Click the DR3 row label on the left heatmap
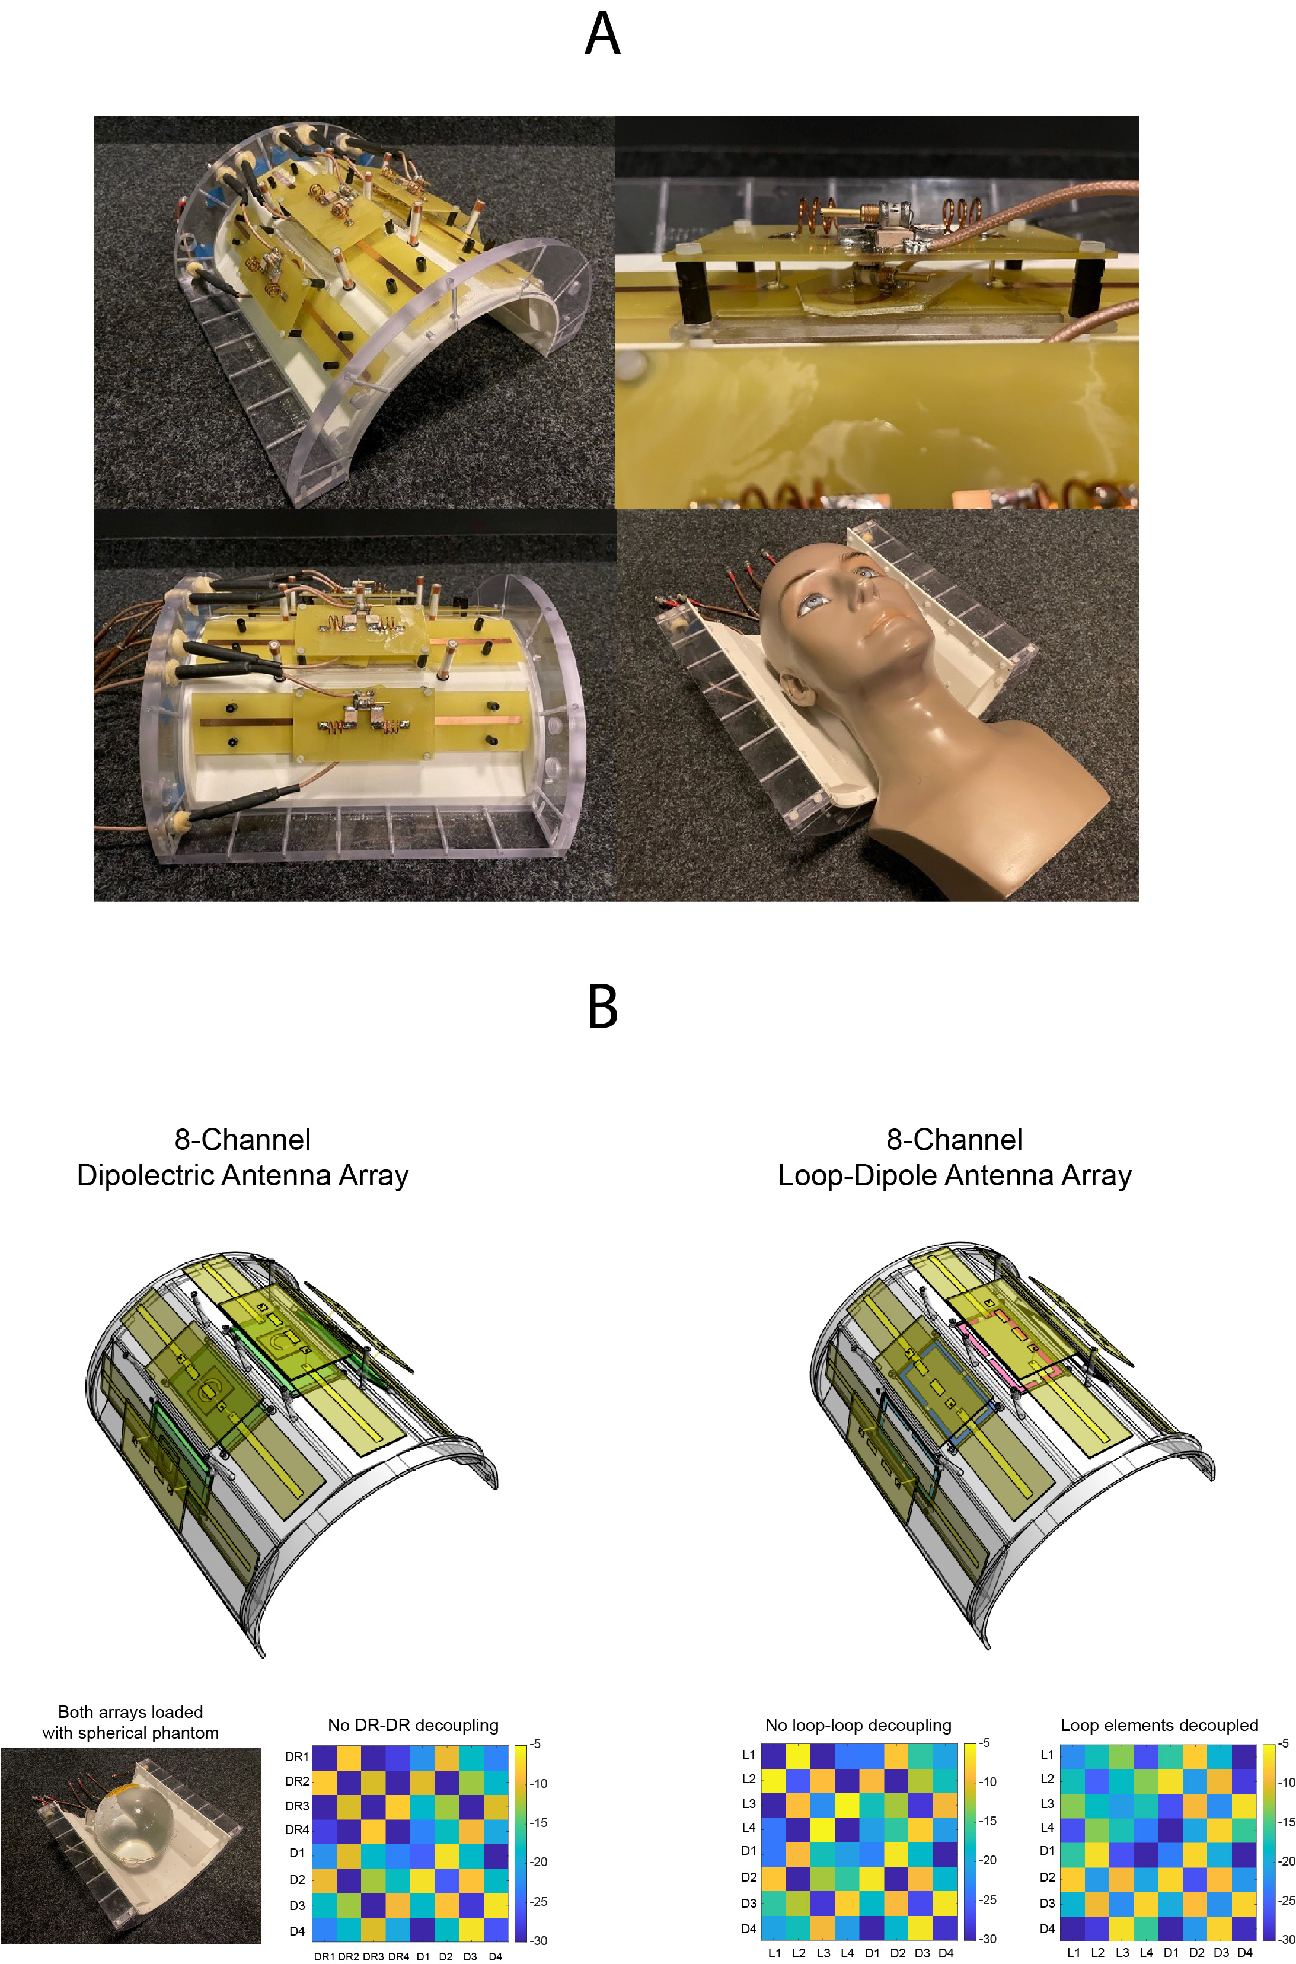coord(296,1806)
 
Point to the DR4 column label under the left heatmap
coord(398,1956)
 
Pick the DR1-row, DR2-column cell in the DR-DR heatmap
coord(349,1756)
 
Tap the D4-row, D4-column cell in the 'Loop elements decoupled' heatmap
coord(1245,1928)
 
